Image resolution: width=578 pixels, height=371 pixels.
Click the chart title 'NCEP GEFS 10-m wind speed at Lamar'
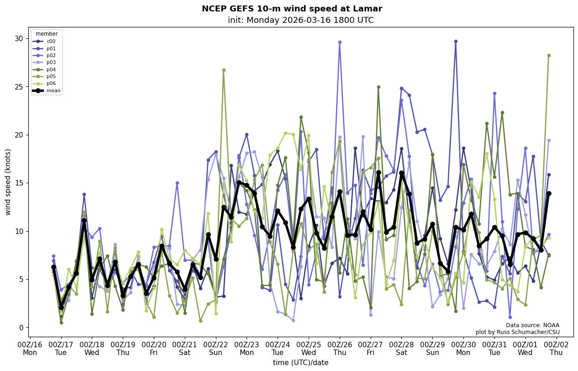292,9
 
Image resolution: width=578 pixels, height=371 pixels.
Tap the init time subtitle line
300,20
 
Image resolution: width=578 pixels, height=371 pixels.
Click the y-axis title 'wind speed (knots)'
8,182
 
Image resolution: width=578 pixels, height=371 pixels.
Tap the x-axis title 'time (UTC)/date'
300,363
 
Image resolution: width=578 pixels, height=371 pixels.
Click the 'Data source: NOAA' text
532,325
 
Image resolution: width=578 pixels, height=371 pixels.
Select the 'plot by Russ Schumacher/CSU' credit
517,332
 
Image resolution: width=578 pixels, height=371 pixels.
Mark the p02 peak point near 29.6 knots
340,42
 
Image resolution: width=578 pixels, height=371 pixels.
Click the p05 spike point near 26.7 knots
224,70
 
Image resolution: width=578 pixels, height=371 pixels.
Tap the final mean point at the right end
549,193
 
